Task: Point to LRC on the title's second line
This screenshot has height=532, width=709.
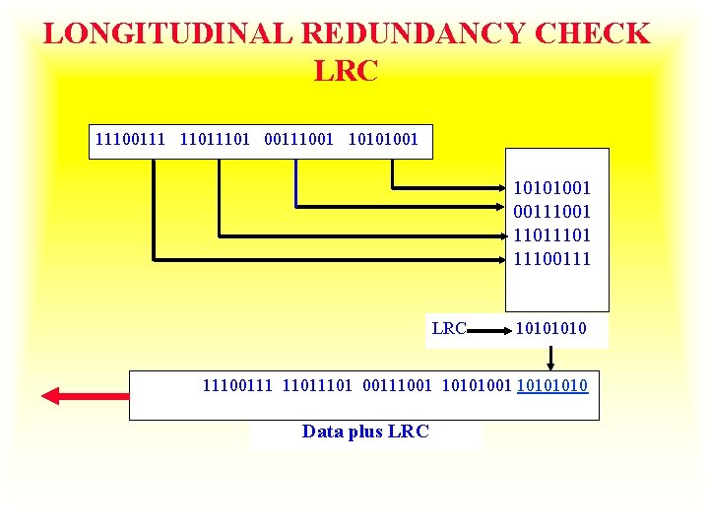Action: [346, 71]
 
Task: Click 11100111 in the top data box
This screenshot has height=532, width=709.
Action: [132, 140]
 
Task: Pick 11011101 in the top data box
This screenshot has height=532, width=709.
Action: [217, 140]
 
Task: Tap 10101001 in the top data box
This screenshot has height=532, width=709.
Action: [384, 140]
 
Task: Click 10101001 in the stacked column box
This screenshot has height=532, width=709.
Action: [551, 187]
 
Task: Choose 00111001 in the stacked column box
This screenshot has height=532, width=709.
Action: [551, 211]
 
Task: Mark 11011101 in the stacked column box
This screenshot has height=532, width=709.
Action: [551, 234]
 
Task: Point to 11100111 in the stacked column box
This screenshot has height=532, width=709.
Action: [551, 258]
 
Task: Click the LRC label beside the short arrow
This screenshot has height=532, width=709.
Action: [449, 328]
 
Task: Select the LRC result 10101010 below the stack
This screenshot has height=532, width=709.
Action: [550, 328]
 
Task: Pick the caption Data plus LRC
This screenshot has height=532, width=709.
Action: [365, 432]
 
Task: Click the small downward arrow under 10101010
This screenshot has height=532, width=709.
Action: [550, 357]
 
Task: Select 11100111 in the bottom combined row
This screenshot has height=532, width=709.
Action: [238, 385]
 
